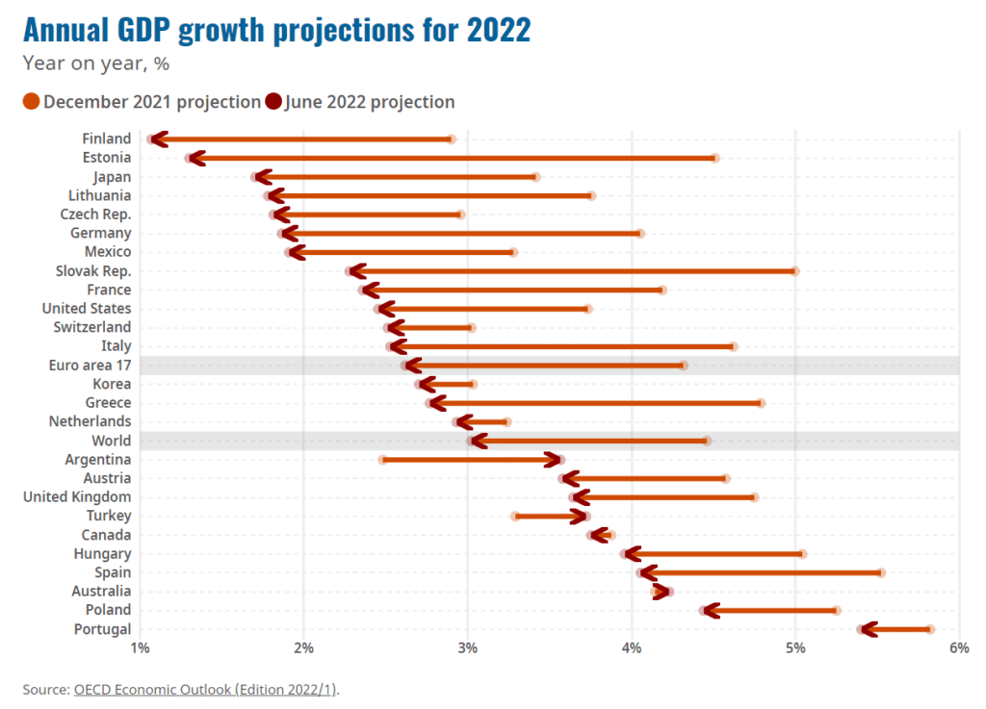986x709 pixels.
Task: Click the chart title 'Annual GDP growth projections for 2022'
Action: pyautogui.click(x=276, y=30)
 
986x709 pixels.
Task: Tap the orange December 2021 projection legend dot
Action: pyautogui.click(x=31, y=102)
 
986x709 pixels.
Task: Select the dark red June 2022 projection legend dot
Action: pyautogui.click(x=273, y=102)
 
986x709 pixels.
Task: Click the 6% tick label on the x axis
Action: pyautogui.click(x=958, y=649)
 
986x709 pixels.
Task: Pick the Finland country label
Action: pyautogui.click(x=106, y=139)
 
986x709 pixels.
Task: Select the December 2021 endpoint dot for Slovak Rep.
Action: pyautogui.click(x=795, y=271)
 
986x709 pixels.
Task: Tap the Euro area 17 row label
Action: pyautogui.click(x=90, y=366)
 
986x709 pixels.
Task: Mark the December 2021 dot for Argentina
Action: pyautogui.click(x=382, y=460)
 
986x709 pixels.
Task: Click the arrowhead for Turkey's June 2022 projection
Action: pyautogui.click(x=581, y=517)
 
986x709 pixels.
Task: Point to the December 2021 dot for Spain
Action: pyautogui.click(x=881, y=573)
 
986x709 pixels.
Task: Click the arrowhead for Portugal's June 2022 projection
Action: pyautogui.click(x=867, y=630)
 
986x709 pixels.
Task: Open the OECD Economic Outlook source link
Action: pyautogui.click(x=205, y=690)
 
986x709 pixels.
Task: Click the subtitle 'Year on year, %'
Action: pyautogui.click(x=95, y=64)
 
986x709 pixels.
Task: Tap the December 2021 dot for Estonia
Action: pyautogui.click(x=714, y=158)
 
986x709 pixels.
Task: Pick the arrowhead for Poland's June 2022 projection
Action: pyautogui.click(x=711, y=611)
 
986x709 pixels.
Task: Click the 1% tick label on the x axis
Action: pyautogui.click(x=140, y=649)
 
